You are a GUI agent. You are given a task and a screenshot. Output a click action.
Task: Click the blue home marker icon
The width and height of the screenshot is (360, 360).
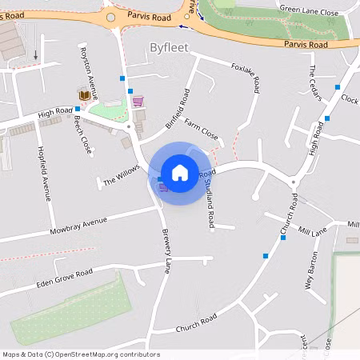[x=180, y=173]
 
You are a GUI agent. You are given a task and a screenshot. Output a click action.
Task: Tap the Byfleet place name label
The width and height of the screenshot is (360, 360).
[x=169, y=48]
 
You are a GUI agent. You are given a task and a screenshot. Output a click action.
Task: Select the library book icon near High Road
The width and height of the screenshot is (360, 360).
[x=83, y=95]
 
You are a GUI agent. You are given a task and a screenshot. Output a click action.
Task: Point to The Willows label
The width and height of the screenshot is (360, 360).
[x=121, y=176]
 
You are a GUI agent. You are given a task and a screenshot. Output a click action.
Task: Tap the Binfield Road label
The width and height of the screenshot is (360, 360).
[x=178, y=109]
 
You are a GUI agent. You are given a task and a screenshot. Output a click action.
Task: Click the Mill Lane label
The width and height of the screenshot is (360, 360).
[x=313, y=232]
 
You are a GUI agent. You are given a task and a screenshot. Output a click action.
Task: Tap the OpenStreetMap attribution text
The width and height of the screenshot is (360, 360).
[x=81, y=354]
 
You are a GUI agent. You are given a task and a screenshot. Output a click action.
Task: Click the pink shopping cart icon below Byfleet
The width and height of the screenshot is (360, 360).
[x=138, y=101]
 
